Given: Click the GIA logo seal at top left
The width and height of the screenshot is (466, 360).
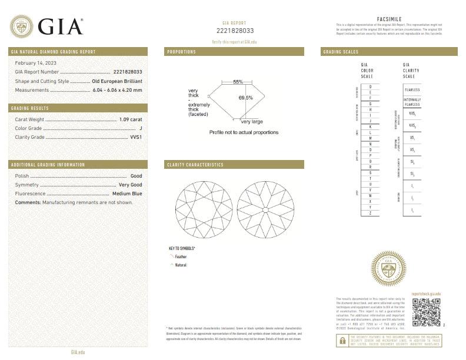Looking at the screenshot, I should coord(22,26).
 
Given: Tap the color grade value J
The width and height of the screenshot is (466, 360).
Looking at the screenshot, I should coord(141,128).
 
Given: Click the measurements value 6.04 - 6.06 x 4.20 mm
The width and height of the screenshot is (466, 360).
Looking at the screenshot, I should coord(117,90).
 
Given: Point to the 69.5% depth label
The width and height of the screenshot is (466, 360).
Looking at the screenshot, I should coord(245,98).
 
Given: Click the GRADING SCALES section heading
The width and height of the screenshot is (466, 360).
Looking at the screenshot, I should coord(341,52).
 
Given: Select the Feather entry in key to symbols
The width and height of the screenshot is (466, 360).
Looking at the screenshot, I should coord(181,256).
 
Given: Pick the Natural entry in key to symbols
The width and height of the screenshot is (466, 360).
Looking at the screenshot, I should coord(180,265).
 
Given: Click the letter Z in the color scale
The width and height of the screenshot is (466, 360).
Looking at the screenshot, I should coord(370,212).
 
